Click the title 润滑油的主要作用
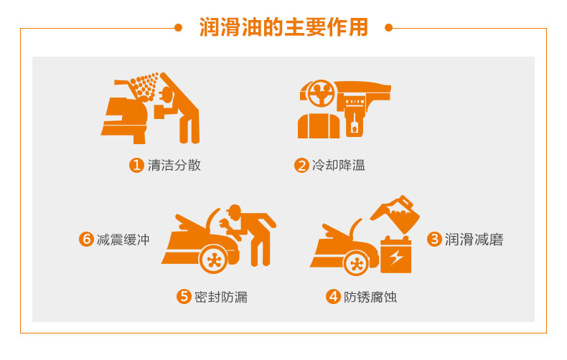283,27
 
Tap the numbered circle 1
136,165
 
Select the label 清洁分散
174,165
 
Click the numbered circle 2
301,165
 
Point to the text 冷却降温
339,165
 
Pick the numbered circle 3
434,239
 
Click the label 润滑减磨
474,239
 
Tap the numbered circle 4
333,296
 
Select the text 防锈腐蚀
370,297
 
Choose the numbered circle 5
184,296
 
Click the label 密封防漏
221,297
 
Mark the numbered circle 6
86,239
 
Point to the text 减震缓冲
123,240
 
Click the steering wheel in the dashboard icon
321,93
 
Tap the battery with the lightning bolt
395,255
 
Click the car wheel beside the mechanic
214,259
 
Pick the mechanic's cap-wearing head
234,212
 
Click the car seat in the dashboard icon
319,125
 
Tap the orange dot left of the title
178,27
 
